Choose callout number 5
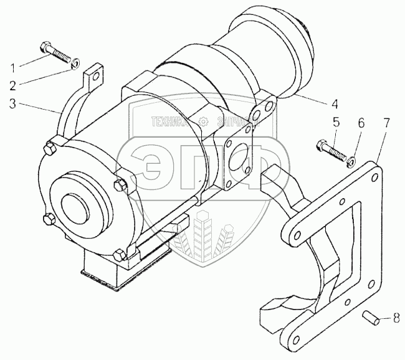(335, 122)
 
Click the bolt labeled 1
(54, 50)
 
